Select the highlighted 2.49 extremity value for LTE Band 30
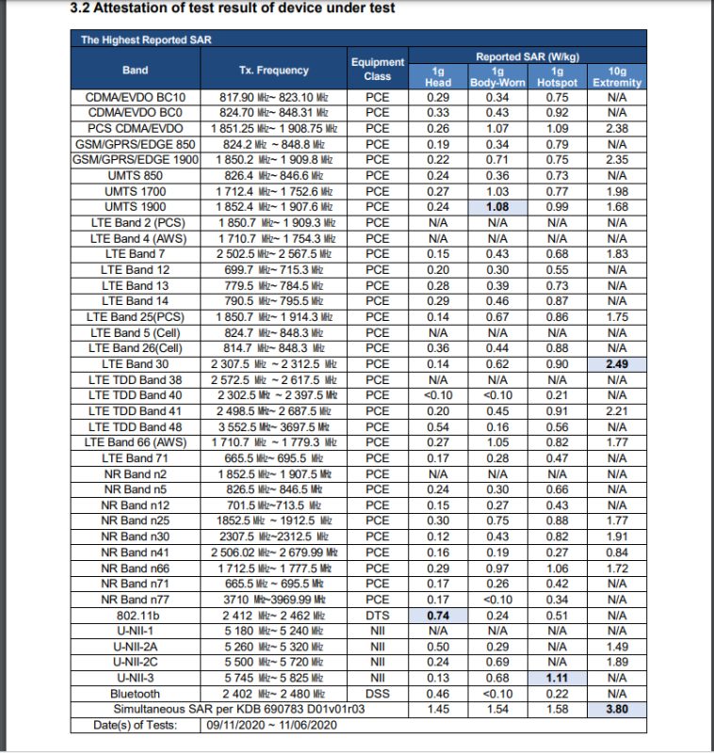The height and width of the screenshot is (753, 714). click(617, 364)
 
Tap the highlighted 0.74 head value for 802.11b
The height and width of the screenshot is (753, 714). click(437, 614)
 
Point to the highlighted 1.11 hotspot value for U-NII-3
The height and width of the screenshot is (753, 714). click(557, 677)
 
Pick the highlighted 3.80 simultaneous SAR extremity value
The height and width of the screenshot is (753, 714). click(617, 709)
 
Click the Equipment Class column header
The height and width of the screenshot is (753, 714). click(377, 69)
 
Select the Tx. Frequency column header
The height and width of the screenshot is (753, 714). click(273, 70)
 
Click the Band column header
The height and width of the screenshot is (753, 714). click(136, 70)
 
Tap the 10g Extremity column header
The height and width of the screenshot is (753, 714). click(617, 76)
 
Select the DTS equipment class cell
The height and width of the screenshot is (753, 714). click(377, 614)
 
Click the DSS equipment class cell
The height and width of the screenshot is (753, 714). click(377, 693)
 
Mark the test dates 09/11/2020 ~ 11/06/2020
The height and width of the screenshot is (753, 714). click(274, 725)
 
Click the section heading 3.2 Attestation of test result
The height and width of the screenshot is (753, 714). click(233, 9)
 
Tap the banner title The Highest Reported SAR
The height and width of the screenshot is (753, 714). click(135, 40)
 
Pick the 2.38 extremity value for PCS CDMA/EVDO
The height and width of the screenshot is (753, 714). click(617, 128)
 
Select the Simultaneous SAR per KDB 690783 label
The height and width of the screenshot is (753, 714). click(238, 709)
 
